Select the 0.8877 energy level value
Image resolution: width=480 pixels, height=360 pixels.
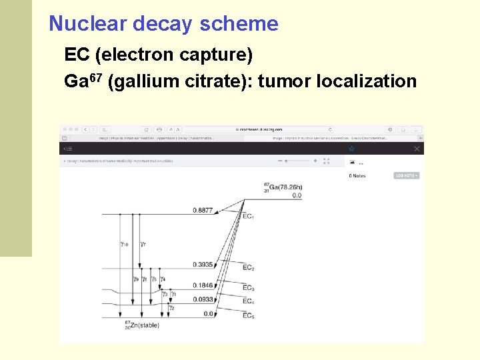203,211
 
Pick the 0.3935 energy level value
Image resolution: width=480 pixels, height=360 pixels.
203,265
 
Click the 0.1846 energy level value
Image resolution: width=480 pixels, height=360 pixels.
203,285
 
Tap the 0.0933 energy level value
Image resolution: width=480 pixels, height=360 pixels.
203,299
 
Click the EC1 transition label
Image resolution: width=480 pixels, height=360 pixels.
248,217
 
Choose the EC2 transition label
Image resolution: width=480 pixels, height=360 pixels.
248,268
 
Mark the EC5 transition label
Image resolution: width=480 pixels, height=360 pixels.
248,315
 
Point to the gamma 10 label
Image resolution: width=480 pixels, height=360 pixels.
124,245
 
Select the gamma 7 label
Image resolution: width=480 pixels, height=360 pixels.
143,245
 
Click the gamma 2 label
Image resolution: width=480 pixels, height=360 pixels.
171,308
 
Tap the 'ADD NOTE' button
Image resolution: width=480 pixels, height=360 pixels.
406,176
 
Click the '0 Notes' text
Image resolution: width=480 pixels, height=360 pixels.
357,176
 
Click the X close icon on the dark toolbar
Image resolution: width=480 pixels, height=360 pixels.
417,149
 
